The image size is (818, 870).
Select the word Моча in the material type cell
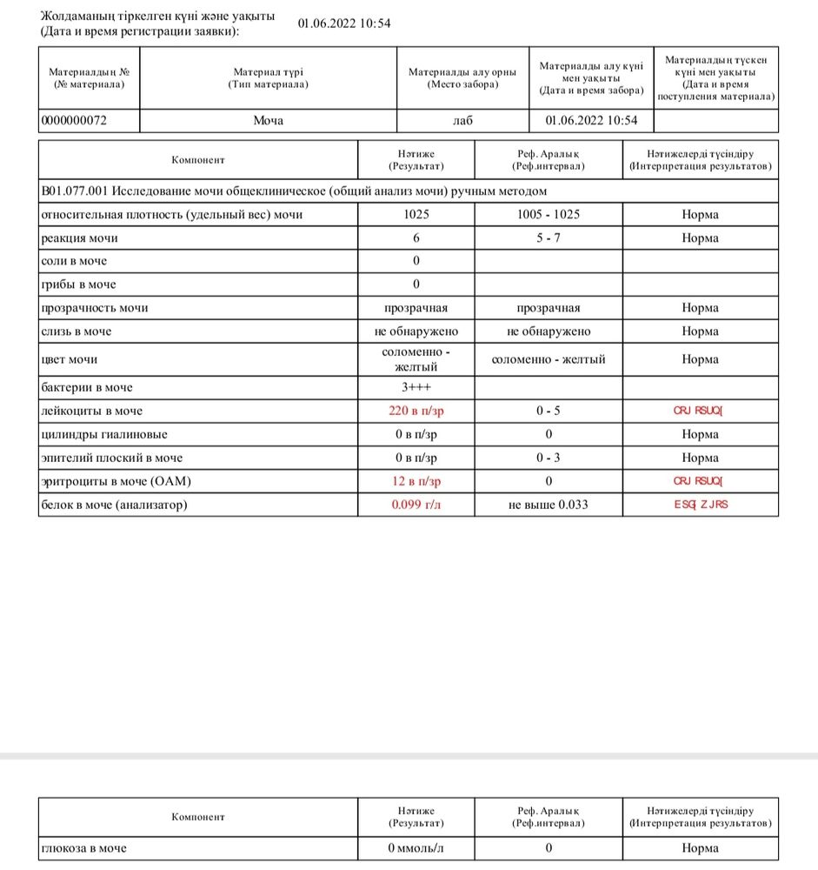(268, 121)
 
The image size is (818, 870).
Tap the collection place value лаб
(463, 121)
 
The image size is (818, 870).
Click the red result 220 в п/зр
(416, 411)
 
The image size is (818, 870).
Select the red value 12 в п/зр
(416, 481)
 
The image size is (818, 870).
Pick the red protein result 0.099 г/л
(416, 505)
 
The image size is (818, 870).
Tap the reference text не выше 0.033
(549, 505)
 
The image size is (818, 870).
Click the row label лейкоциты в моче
(91, 411)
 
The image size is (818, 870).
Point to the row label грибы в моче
(78, 284)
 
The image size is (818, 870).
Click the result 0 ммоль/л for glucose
(416, 848)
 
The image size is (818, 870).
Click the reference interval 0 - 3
(549, 458)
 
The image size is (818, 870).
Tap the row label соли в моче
(75, 261)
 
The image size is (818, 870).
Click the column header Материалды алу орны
(462, 77)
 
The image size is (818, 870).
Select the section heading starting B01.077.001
(295, 191)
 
